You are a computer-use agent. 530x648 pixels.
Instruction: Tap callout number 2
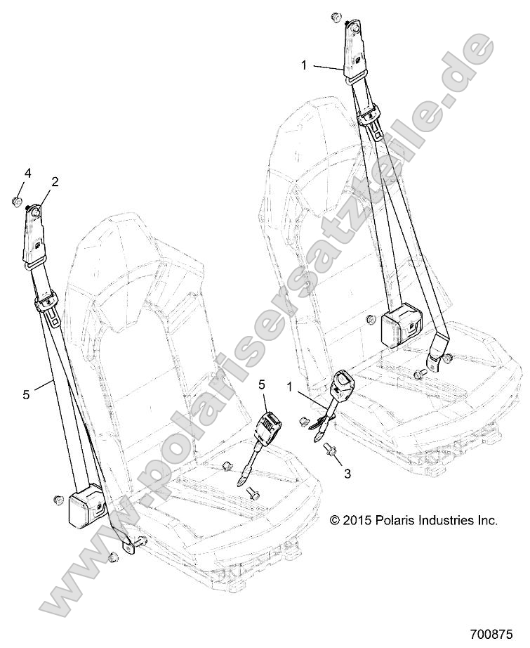[54, 181]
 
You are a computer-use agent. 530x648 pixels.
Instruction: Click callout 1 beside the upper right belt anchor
[304, 65]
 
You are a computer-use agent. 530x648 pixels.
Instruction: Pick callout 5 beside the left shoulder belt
[26, 395]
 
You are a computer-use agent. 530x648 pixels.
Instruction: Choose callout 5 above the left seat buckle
[263, 384]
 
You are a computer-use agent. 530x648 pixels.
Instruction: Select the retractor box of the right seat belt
[401, 324]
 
